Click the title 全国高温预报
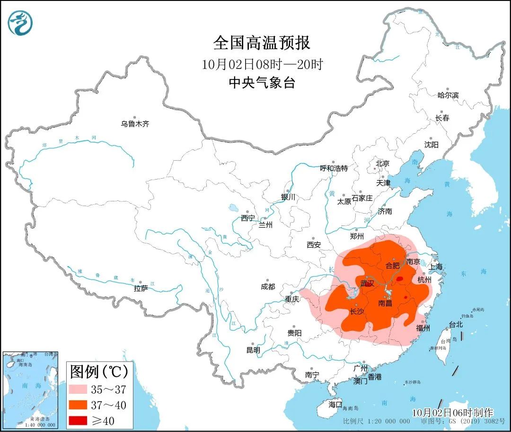point(262,43)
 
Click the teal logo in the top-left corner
point(20,23)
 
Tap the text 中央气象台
point(262,83)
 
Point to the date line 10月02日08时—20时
point(262,64)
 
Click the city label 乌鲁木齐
point(135,124)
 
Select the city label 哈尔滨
point(448,95)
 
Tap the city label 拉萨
point(141,288)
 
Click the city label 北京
point(382,164)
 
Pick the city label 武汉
point(367,284)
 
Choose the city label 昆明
point(253,350)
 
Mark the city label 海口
point(335,405)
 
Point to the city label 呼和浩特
point(334,168)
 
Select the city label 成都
point(267,286)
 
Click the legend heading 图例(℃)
point(99,372)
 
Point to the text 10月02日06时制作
point(452,413)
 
